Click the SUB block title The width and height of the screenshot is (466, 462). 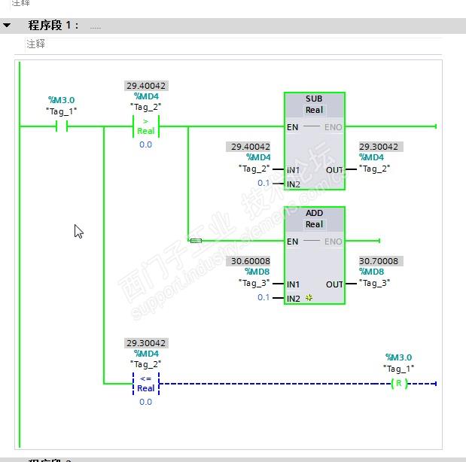coord(314,99)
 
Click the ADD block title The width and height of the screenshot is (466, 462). coord(314,214)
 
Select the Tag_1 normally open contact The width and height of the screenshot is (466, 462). coord(62,127)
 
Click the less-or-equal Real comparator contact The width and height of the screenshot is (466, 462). coord(145,384)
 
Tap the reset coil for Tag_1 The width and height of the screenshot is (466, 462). coord(399,384)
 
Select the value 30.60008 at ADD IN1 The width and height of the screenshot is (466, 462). coord(251,261)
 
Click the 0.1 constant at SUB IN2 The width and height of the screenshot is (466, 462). coord(263,183)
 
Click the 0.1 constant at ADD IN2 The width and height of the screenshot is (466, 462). coord(263,297)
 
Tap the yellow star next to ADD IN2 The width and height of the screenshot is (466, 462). coord(309,299)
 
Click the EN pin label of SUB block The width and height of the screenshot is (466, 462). coord(293,127)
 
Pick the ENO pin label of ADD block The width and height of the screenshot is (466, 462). coord(334,242)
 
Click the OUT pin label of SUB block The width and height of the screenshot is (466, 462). coord(334,170)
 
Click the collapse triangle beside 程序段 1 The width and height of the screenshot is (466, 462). coord(8,26)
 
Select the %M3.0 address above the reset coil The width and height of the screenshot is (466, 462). coord(398,357)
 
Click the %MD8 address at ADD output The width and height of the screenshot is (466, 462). coord(372,272)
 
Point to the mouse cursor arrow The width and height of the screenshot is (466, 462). coord(78,230)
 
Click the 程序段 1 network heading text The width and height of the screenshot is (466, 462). coord(53,26)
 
